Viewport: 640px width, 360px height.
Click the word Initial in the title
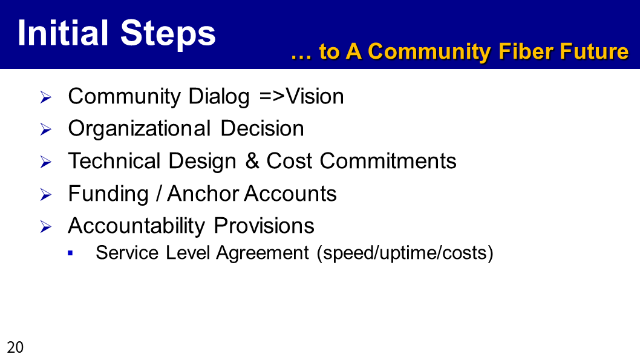[63, 33]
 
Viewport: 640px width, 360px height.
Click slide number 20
[15, 347]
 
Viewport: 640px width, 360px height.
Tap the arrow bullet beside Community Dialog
[46, 97]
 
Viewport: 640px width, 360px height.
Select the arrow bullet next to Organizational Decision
[46, 130]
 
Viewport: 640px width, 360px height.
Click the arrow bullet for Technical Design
[46, 162]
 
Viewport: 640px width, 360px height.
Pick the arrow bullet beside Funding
[46, 195]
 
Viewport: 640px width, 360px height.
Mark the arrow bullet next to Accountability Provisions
[46, 227]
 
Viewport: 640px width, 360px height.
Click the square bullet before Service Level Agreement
[70, 254]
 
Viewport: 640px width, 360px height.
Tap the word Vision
[315, 97]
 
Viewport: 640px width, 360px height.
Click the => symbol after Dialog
[272, 97]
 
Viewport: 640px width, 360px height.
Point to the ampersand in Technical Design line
[253, 161]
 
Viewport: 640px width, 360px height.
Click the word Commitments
[388, 161]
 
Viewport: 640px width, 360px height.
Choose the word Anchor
[202, 194]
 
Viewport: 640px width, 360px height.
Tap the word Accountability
[137, 226]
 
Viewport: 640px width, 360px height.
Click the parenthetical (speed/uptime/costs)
[405, 253]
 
